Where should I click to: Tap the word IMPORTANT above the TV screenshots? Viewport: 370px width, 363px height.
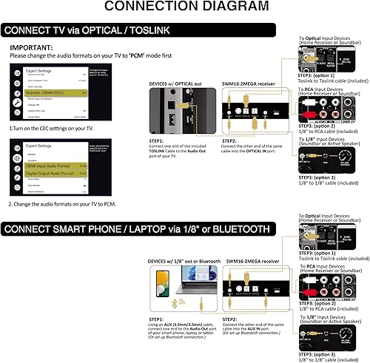(33, 46)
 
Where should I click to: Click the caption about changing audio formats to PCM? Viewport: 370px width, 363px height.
(55, 203)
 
